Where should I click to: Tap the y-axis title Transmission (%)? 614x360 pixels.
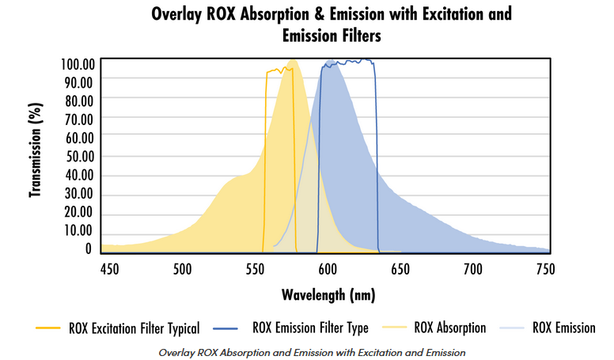point(35,150)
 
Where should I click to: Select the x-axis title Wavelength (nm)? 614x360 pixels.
point(328,295)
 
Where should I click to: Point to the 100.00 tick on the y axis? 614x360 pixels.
point(78,63)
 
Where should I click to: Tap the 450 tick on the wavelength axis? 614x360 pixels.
point(109,269)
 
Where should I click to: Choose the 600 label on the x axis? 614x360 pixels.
point(328,269)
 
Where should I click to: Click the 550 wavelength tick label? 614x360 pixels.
point(255,269)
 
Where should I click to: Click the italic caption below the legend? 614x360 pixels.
point(311,351)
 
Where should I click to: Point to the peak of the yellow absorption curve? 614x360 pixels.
point(293,61)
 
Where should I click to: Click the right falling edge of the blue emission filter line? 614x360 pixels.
point(377,158)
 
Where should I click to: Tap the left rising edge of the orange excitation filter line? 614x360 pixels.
point(264,158)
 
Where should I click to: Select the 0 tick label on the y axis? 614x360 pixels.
point(89,248)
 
